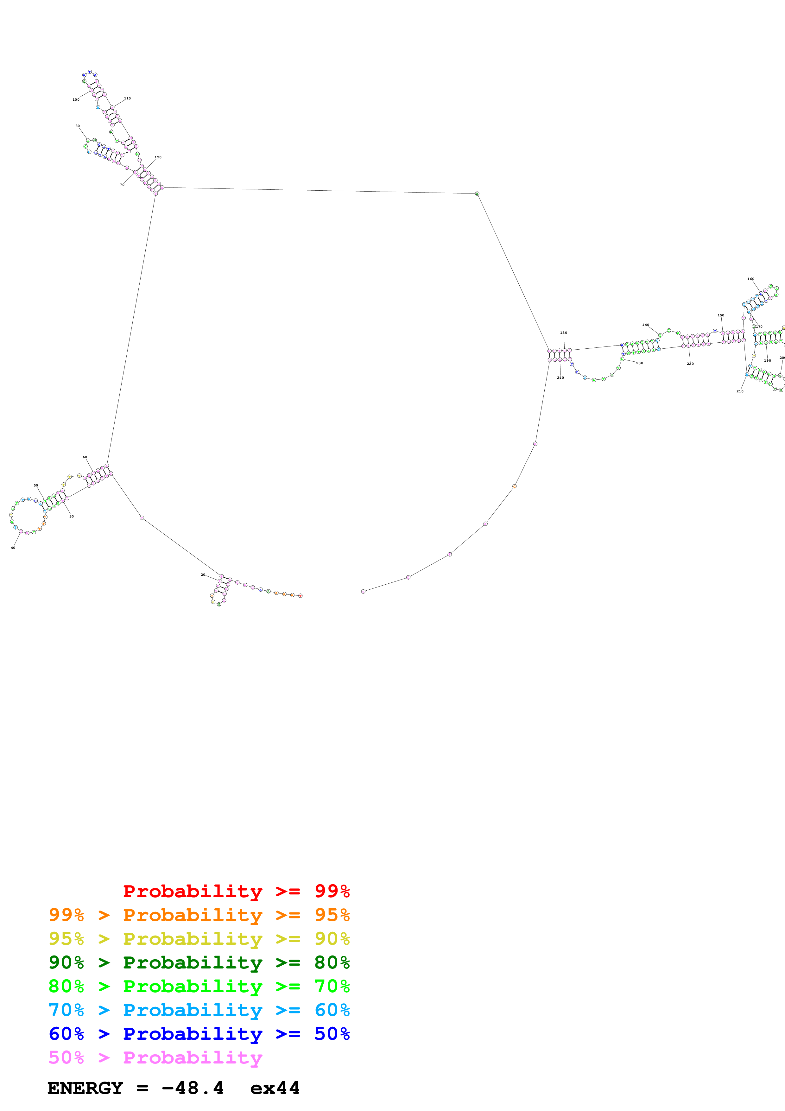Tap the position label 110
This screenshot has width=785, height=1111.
click(127, 98)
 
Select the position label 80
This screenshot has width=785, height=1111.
click(77, 126)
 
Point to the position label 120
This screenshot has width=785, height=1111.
click(158, 157)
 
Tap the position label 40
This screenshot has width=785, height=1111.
click(13, 548)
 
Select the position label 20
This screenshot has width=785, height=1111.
click(203, 575)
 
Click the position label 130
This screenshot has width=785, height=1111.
click(563, 333)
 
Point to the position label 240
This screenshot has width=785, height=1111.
click(560, 378)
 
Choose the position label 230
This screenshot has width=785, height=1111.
click(639, 363)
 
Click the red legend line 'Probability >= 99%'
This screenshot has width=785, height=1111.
click(236, 891)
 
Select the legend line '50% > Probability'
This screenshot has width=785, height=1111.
click(155, 1058)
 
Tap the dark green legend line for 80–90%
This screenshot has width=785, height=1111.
click(199, 963)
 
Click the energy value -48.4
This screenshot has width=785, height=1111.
click(193, 1088)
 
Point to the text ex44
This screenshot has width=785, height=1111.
click(275, 1088)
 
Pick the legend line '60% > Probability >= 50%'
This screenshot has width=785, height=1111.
click(199, 1034)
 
